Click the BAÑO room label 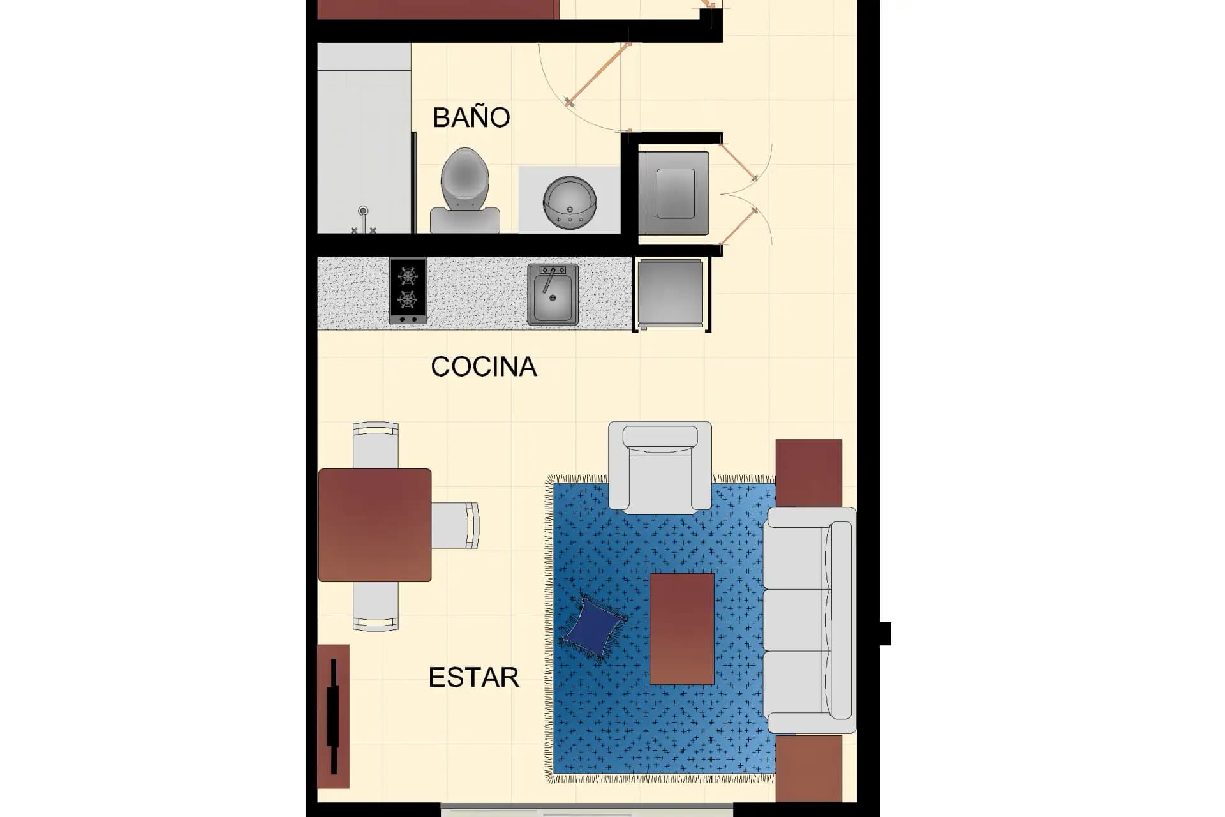tap(471, 117)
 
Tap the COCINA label tap(484, 366)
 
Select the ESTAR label tap(473, 677)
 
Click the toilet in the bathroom tap(465, 190)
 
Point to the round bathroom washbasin tap(570, 204)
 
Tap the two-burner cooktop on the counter tap(408, 290)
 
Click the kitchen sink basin tap(553, 294)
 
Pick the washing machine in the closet tap(674, 193)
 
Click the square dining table tap(375, 525)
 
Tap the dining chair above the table tap(376, 445)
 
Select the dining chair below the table tap(376, 606)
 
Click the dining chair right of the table tap(455, 525)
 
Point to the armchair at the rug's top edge tap(660, 467)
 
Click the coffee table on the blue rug tap(682, 629)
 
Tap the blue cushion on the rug tap(593, 627)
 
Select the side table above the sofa tap(809, 473)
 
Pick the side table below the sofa tap(809, 768)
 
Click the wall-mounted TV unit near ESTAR tap(333, 716)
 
